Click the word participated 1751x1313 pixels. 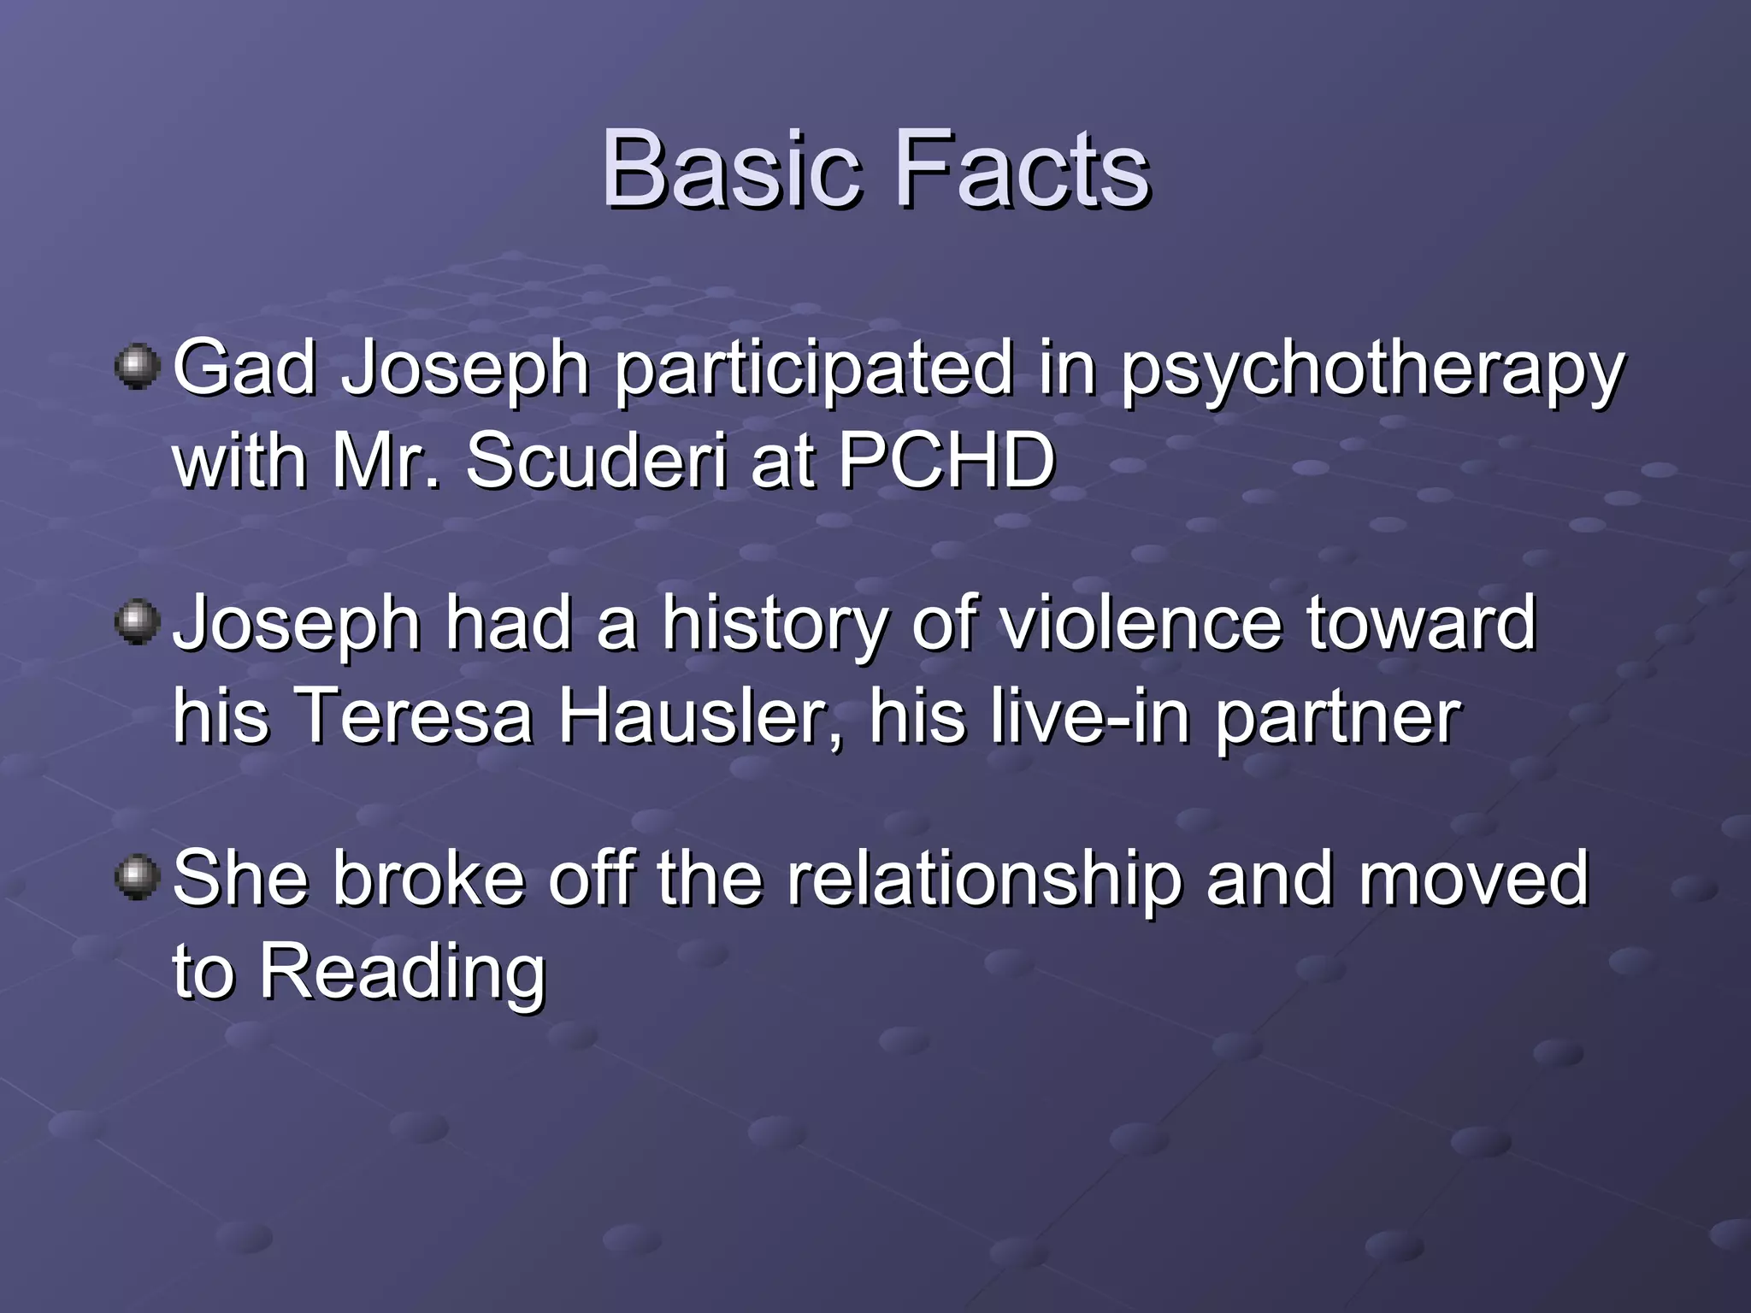813,369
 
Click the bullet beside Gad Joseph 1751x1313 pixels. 137,367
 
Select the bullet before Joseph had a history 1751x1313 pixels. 137,621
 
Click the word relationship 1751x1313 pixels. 983,880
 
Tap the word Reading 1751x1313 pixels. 402,973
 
